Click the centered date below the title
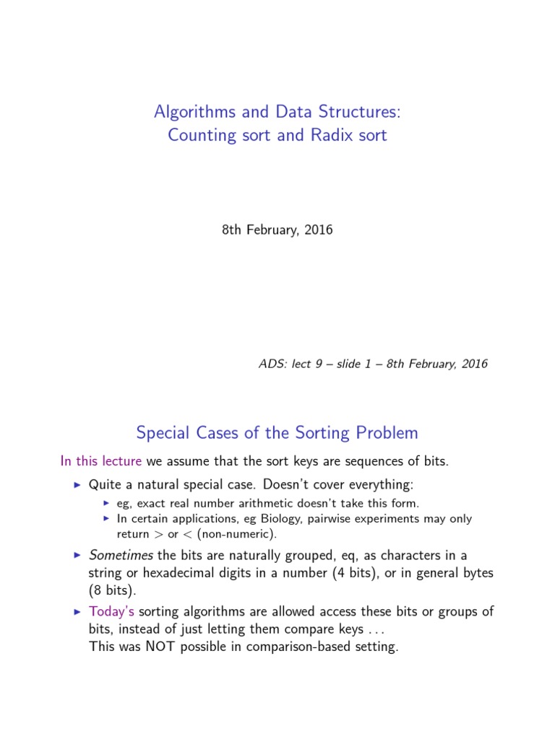pyautogui.click(x=277, y=230)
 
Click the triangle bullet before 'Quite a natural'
pyautogui.click(x=78, y=484)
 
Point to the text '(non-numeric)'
pyautogui.click(x=243, y=535)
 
